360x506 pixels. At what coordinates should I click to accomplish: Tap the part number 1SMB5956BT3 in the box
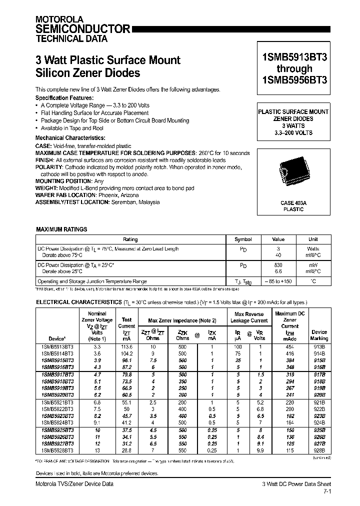click(294, 79)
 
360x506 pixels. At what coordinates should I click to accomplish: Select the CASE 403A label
click(293, 203)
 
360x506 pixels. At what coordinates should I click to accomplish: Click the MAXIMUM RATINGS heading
click(61, 229)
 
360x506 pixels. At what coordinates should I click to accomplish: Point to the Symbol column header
click(243, 239)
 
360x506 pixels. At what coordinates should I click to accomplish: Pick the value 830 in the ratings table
click(278, 264)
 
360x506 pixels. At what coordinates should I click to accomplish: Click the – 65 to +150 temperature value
click(278, 281)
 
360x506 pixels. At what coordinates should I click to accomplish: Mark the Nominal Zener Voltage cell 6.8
click(97, 402)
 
